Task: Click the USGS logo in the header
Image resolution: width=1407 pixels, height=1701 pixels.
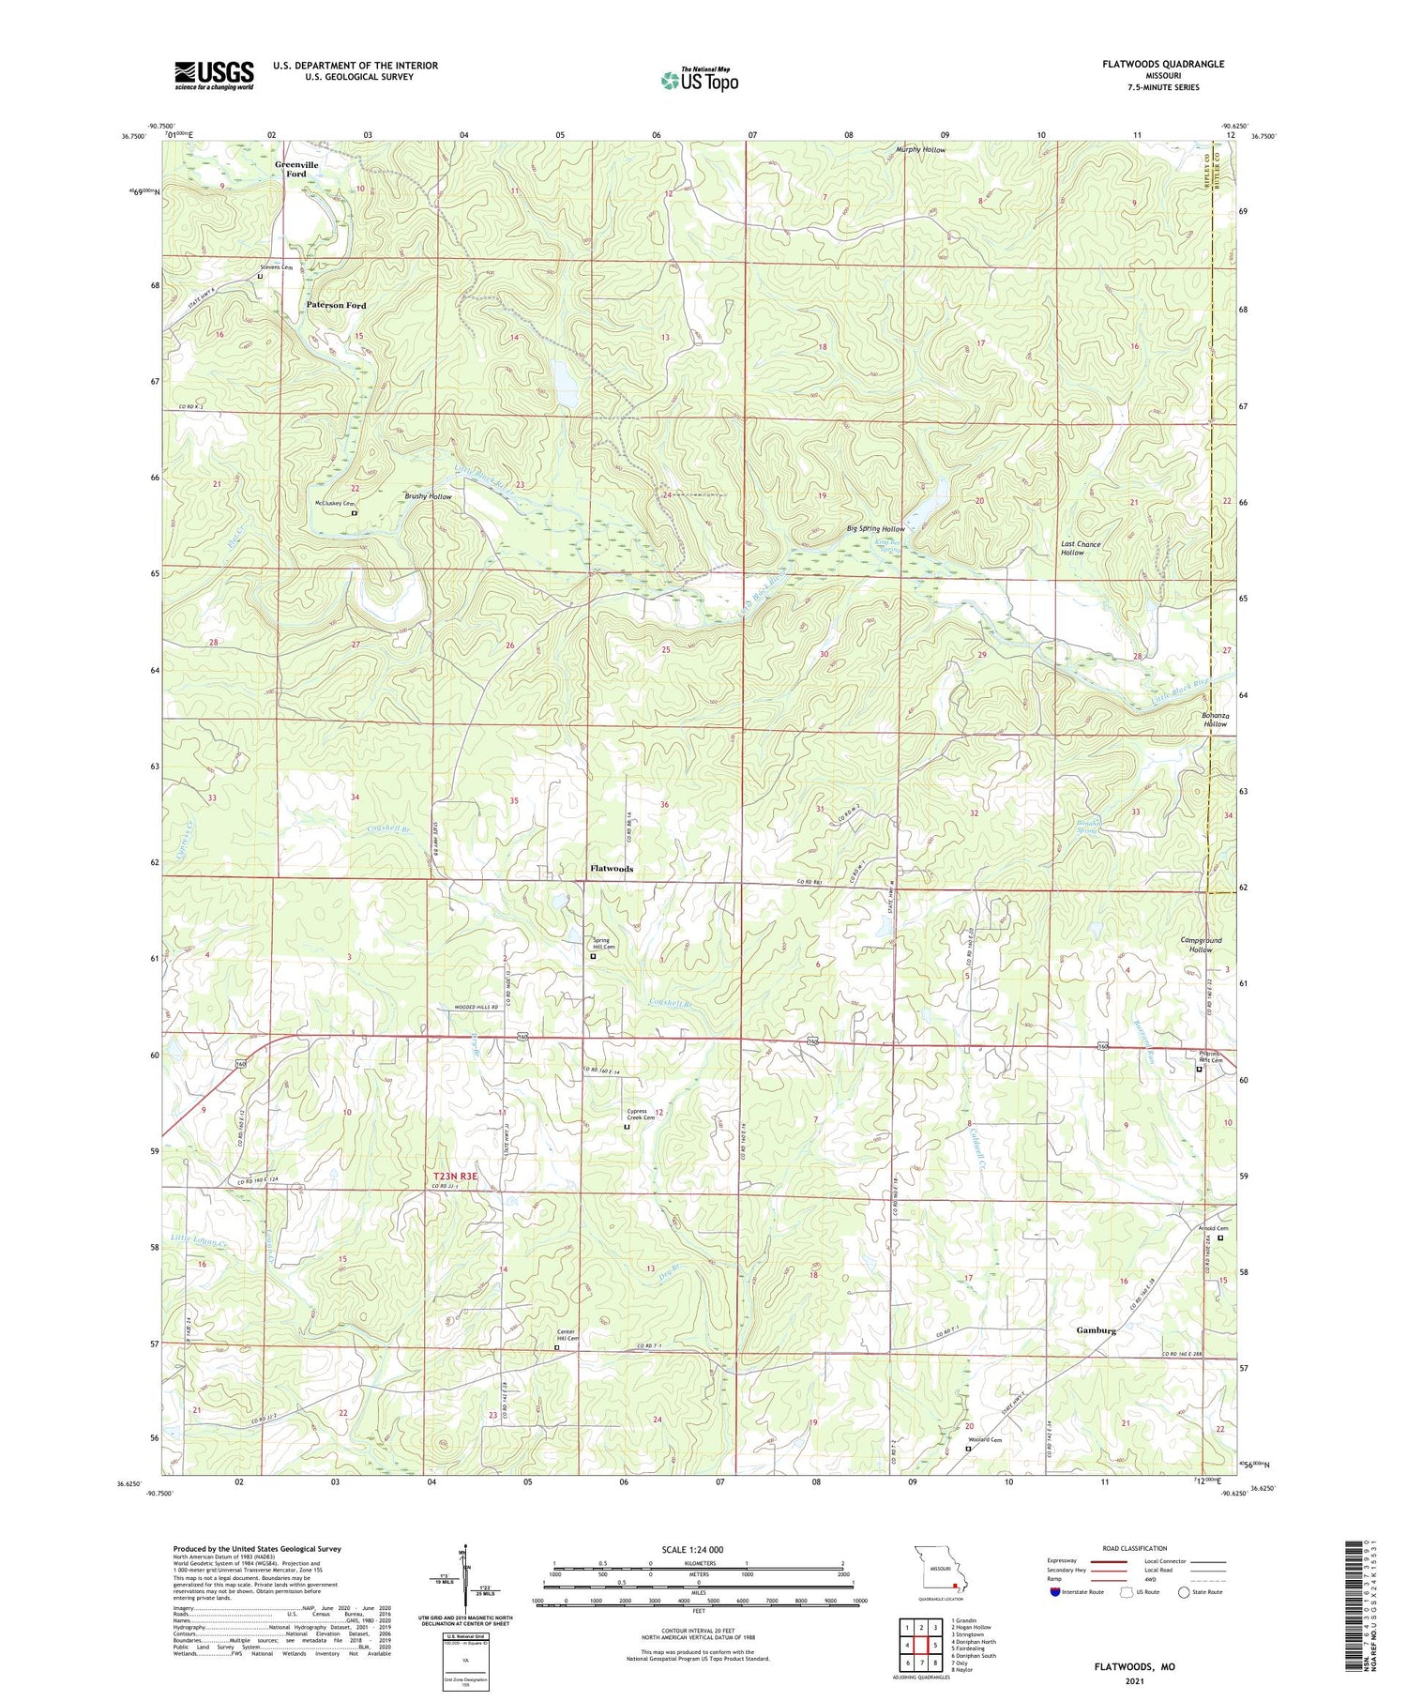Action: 214,75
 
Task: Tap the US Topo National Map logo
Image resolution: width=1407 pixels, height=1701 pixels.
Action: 700,79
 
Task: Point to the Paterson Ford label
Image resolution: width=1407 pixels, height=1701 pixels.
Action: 336,305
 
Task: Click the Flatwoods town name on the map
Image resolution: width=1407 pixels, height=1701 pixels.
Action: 612,868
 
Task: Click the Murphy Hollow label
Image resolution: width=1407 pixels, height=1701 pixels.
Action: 920,149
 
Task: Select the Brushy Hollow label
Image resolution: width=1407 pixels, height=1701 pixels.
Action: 428,496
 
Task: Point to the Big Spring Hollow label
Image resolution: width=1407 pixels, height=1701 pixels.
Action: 875,529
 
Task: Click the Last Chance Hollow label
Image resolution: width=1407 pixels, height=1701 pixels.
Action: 1080,548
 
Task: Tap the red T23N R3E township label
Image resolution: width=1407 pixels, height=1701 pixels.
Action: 455,1176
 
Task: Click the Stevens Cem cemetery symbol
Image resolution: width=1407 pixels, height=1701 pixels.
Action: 260,276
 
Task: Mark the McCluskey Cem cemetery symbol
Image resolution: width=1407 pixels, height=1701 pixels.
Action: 355,513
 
